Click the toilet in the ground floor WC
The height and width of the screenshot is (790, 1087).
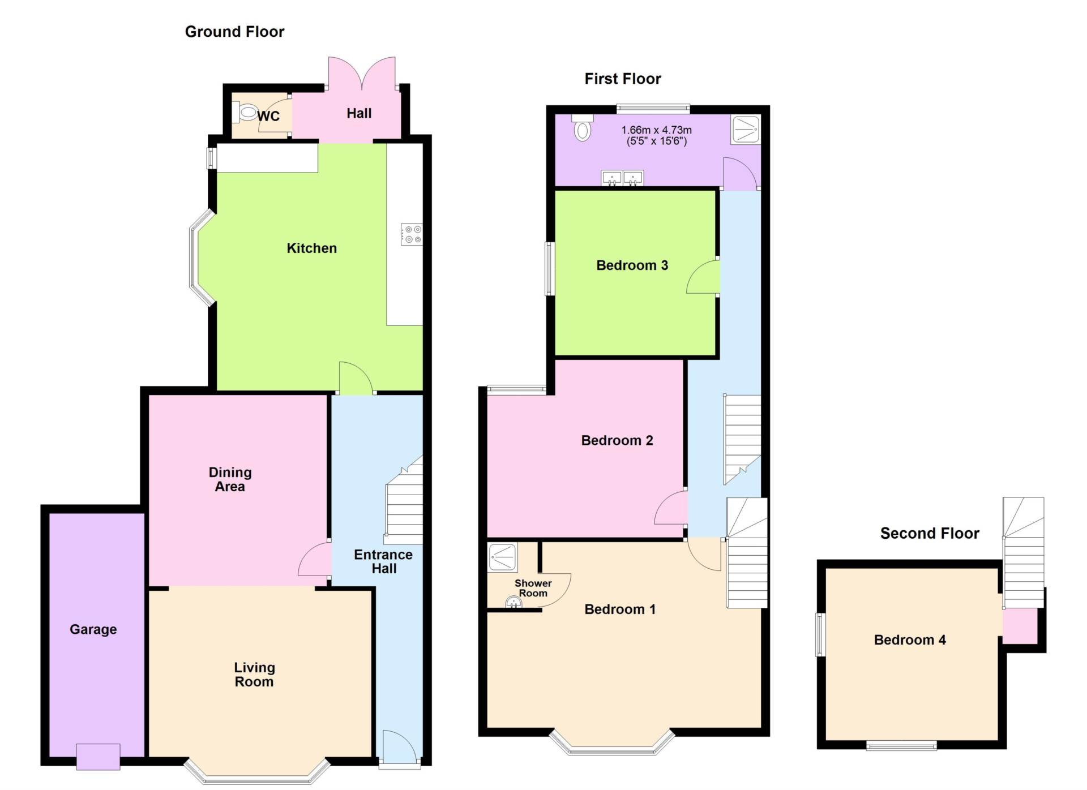pyautogui.click(x=246, y=113)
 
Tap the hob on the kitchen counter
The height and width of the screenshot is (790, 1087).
pyautogui.click(x=412, y=234)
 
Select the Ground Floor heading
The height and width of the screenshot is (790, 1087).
pyautogui.click(x=234, y=32)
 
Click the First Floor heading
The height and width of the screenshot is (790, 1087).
pyautogui.click(x=623, y=79)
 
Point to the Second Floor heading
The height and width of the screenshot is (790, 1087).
pyautogui.click(x=930, y=533)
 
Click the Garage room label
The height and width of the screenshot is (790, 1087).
pyautogui.click(x=93, y=629)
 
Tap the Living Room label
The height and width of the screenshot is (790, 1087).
pyautogui.click(x=254, y=675)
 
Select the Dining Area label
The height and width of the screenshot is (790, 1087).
pyautogui.click(x=230, y=479)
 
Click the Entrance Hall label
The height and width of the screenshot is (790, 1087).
pyautogui.click(x=383, y=561)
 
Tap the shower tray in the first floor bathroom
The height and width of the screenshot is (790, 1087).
pyautogui.click(x=745, y=130)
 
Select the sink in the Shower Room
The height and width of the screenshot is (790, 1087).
pyautogui.click(x=513, y=602)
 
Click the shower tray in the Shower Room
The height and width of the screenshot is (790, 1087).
pyautogui.click(x=502, y=557)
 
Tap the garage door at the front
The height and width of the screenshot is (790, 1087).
pyautogui.click(x=98, y=757)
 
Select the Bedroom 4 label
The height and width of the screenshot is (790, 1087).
pyautogui.click(x=910, y=640)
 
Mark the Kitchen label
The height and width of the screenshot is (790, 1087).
pyautogui.click(x=311, y=248)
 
